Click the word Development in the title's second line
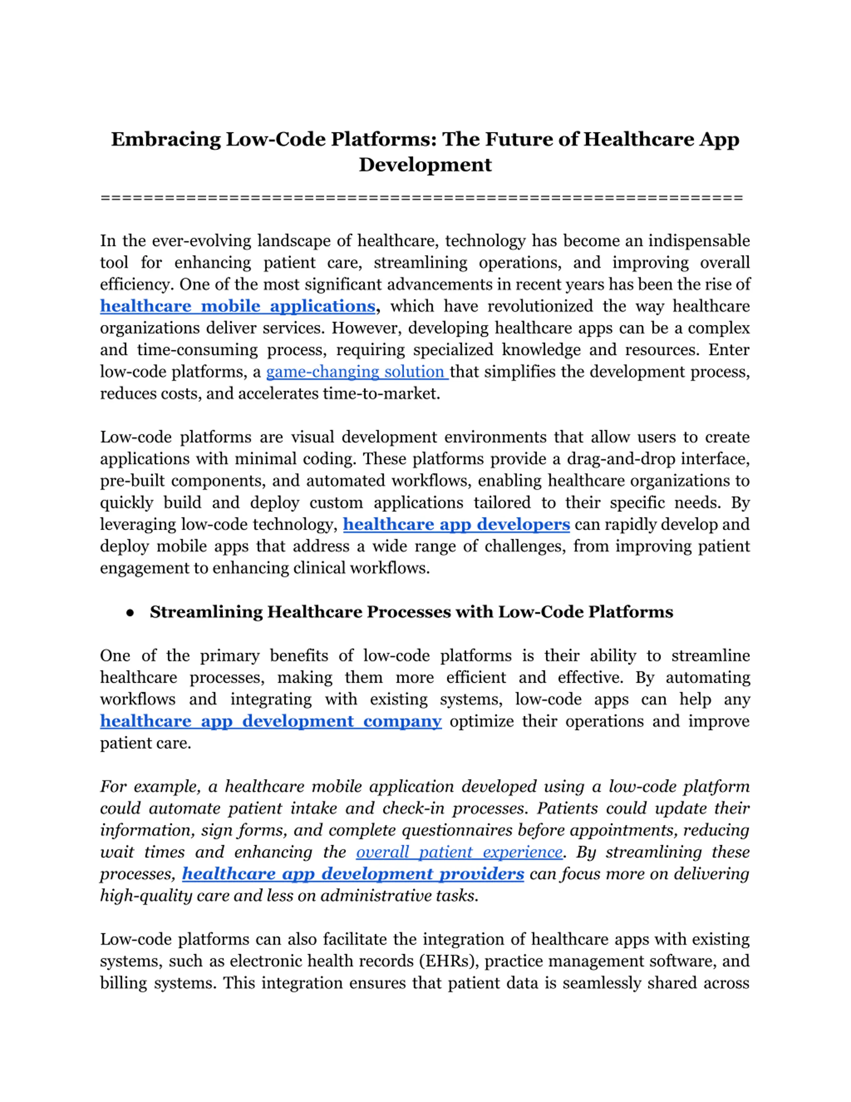(425, 165)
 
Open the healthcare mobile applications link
(237, 306)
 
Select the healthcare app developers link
(456, 524)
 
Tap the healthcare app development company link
(271, 721)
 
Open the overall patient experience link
(459, 852)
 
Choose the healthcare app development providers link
(353, 874)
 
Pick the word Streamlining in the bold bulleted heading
(206, 612)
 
